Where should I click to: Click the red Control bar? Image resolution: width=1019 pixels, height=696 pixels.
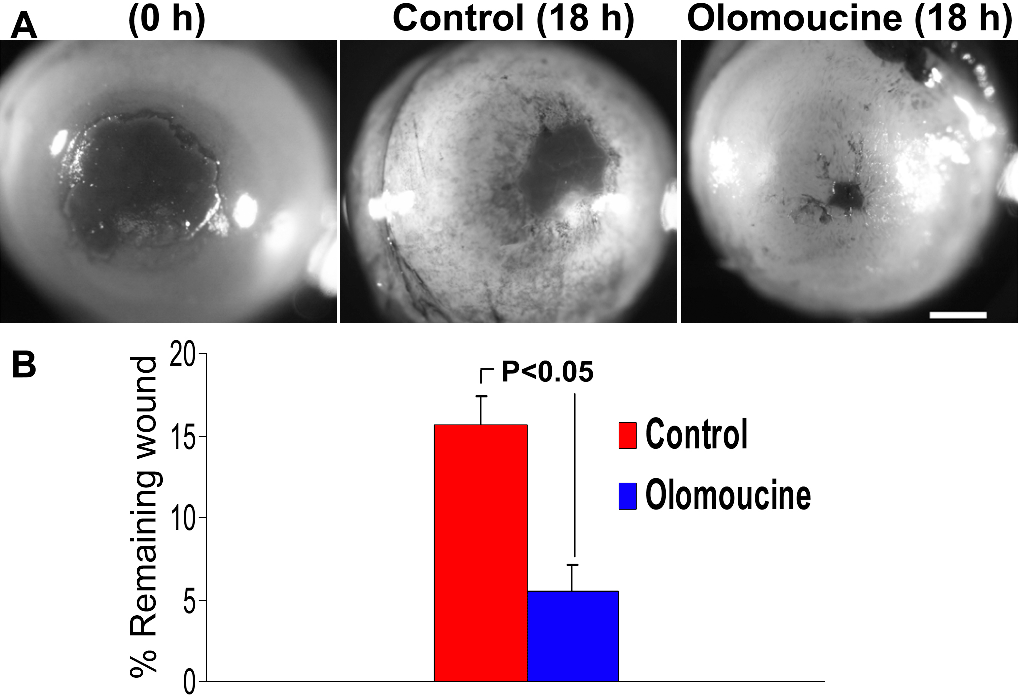tap(480, 553)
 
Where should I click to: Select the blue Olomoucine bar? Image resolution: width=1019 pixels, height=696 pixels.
tap(573, 636)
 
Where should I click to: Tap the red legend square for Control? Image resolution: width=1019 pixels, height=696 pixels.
tap(627, 435)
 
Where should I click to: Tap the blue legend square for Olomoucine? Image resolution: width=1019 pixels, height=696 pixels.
tap(627, 496)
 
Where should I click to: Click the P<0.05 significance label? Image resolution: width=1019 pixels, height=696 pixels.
tap(547, 372)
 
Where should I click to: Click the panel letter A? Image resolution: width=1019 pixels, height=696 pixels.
tap(24, 26)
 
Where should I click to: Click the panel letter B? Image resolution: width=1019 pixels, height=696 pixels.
tap(24, 365)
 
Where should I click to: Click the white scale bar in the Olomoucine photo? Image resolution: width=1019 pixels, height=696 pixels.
tap(957, 315)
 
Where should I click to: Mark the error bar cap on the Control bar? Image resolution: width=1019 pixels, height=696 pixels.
tap(481, 397)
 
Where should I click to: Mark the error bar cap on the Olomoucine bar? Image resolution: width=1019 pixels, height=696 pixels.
tap(572, 565)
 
